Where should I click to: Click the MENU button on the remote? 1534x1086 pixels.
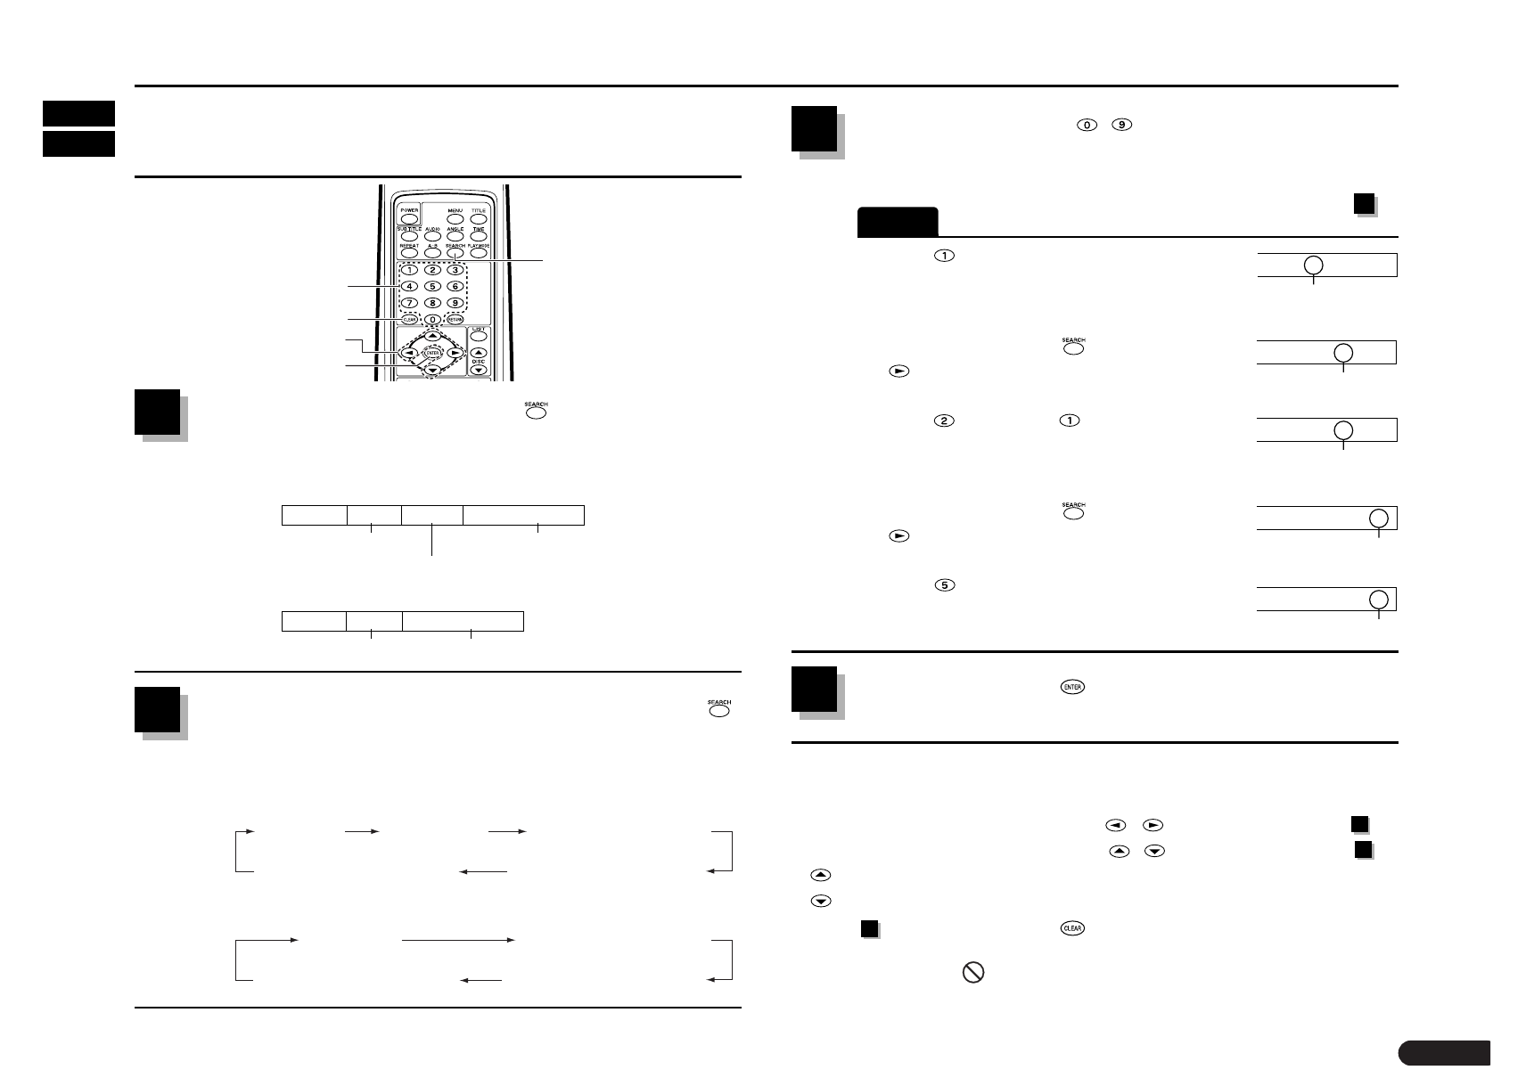click(x=455, y=217)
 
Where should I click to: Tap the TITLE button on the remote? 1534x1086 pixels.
click(x=479, y=217)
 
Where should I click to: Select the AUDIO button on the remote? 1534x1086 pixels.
click(x=431, y=235)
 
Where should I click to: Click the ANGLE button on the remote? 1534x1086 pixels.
click(x=455, y=235)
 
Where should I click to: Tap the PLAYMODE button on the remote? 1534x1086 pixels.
click(x=479, y=253)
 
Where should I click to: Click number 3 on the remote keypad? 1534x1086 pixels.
click(x=455, y=270)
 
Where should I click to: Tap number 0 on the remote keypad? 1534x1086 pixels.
click(x=432, y=319)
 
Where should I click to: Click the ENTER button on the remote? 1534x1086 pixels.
click(x=432, y=353)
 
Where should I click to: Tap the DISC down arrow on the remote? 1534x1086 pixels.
click(x=479, y=369)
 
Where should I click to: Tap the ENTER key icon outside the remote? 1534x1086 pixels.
click(x=1072, y=687)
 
